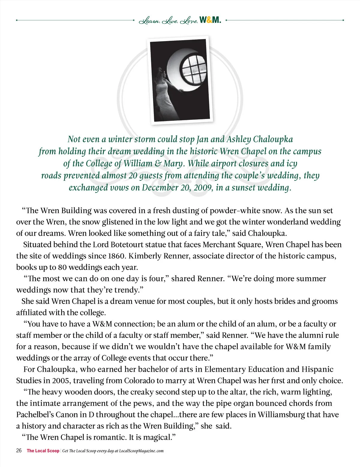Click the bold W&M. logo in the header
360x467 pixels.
[x=210, y=20]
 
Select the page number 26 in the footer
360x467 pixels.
[x=19, y=451]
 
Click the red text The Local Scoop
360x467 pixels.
[x=43, y=451]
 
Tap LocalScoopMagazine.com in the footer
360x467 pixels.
[x=141, y=451]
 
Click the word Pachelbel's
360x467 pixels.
[x=35, y=415]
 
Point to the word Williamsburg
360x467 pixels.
[x=281, y=415]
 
